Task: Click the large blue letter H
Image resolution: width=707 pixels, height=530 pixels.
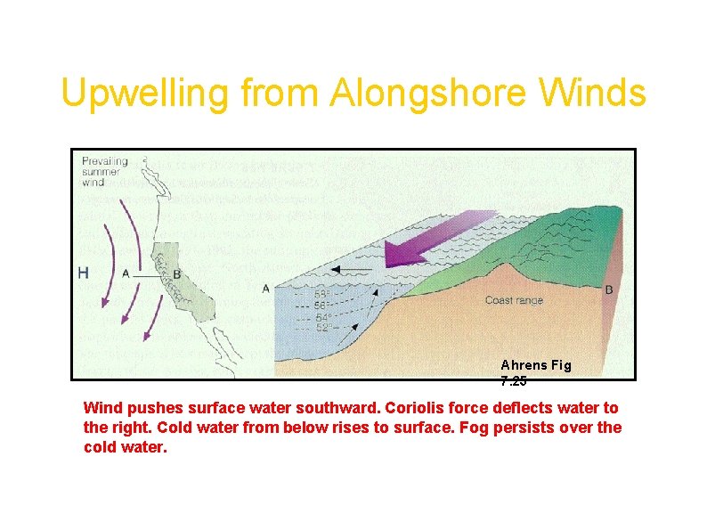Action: [x=83, y=273]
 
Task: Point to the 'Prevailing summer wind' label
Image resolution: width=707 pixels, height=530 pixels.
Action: [x=104, y=171]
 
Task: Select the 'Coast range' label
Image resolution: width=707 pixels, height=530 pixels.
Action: [x=514, y=300]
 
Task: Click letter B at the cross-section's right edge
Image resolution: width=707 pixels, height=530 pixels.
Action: [x=609, y=289]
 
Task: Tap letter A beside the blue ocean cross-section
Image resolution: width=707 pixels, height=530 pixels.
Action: [x=266, y=289]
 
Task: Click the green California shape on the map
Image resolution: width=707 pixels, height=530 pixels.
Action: [x=183, y=285]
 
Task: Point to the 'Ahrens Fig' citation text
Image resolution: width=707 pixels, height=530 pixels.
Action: [x=536, y=364]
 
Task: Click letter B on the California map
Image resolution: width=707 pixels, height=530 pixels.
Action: [x=176, y=274]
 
